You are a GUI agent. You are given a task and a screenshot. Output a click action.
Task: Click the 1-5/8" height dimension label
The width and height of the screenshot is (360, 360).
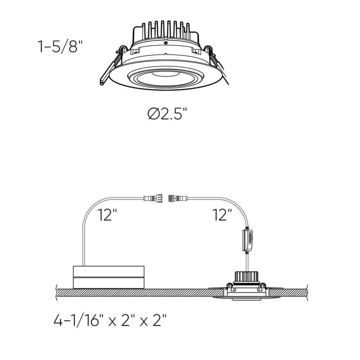point(58,48)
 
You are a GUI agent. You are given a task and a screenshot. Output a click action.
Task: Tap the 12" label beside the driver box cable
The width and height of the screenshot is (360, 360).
point(107,215)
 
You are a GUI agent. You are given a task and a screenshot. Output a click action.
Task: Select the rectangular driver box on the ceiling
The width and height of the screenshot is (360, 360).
point(109,276)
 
